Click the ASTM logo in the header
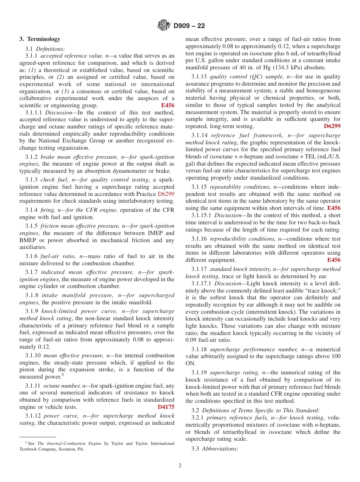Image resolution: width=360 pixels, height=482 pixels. coord(164,26)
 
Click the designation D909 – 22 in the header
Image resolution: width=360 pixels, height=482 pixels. coord(189,26)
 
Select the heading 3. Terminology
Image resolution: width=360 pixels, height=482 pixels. coord(40,39)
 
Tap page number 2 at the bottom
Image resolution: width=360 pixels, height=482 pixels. coord(180,466)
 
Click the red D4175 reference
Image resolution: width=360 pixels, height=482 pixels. coord(166,407)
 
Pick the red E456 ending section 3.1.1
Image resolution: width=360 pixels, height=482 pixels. coord(167,106)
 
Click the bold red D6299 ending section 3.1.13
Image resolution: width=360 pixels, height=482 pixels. coord(332,126)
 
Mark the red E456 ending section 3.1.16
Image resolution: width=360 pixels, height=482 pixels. coord(333,260)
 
